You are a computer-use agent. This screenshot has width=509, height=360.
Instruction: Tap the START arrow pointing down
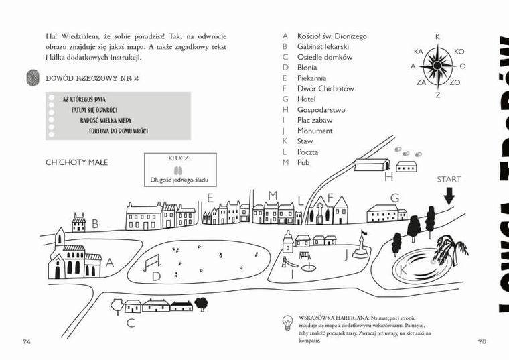click(449, 195)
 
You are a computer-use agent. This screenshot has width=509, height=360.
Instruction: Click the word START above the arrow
click(449, 179)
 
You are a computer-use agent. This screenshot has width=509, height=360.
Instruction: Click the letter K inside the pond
click(403, 269)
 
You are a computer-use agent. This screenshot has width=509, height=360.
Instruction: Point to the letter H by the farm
click(389, 177)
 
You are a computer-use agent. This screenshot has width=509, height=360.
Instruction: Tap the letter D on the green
click(156, 276)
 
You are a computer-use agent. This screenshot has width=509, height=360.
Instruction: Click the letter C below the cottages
click(131, 324)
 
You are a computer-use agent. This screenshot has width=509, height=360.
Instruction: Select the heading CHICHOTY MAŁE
click(77, 162)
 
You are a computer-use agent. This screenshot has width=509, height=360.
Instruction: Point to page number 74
click(27, 341)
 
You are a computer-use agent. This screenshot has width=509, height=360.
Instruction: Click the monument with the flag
click(362, 246)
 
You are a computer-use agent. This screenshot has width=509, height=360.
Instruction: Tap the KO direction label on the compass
click(459, 51)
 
